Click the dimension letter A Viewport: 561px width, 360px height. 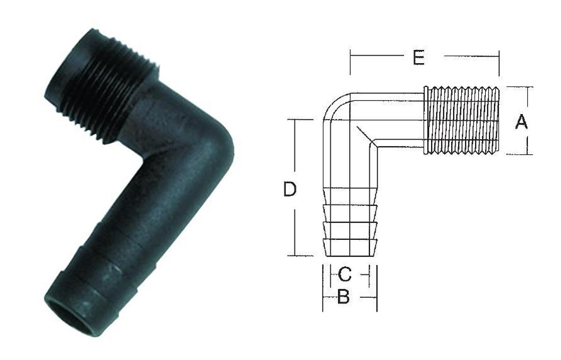[x=521, y=122]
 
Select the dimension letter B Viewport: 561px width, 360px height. [x=343, y=297]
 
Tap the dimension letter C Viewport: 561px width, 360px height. [x=345, y=274]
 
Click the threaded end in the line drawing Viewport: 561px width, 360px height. [x=463, y=120]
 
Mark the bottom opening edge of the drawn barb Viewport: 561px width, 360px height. [x=351, y=256]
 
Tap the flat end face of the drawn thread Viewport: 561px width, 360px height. [x=499, y=120]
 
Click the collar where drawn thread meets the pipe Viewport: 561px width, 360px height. [x=425, y=120]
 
